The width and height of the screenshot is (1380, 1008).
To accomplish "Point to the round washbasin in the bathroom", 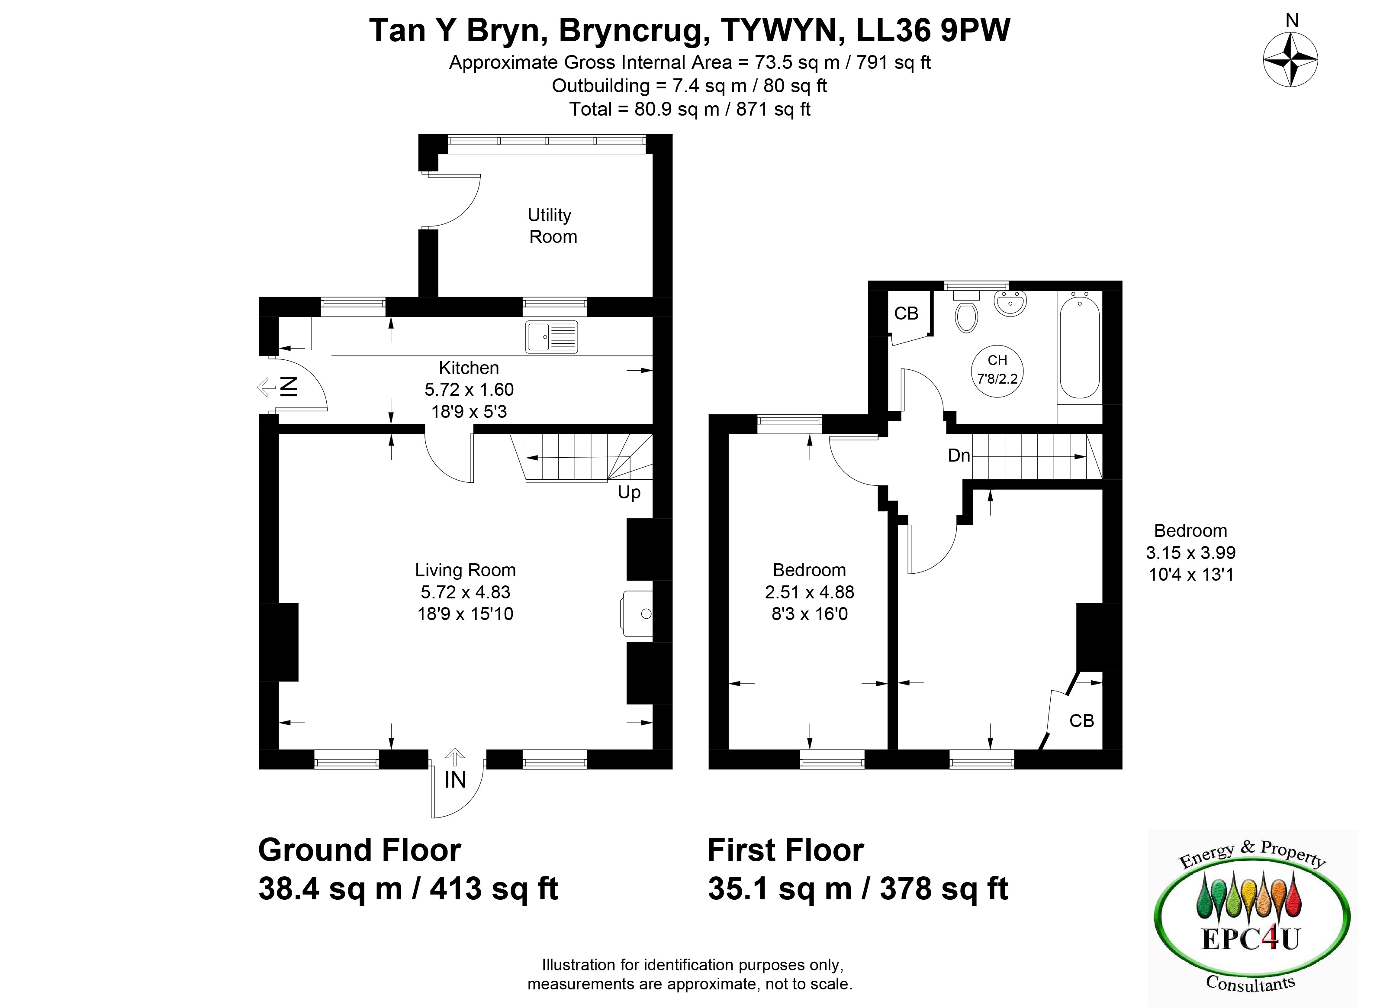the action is (1010, 303).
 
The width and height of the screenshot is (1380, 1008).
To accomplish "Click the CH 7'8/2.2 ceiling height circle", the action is (997, 371).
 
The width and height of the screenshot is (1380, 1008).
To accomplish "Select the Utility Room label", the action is (552, 226).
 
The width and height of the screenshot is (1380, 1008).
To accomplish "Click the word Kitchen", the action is (469, 368).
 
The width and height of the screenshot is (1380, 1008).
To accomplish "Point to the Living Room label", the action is (465, 570).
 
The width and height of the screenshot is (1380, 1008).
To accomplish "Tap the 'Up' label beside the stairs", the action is (629, 492).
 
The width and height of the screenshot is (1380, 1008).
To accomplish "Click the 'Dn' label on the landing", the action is (959, 455).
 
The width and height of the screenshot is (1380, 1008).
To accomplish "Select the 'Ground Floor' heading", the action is (360, 850).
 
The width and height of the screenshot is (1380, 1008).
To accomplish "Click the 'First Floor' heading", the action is (785, 850).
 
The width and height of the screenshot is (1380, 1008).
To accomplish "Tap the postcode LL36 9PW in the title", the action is (933, 30).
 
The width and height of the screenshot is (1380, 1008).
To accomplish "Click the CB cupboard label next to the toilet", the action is (906, 313).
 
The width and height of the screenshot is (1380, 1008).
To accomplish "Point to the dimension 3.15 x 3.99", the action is (1190, 553).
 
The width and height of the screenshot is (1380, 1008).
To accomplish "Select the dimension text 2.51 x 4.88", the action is (809, 592).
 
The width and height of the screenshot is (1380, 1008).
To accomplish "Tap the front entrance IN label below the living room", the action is (455, 780).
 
